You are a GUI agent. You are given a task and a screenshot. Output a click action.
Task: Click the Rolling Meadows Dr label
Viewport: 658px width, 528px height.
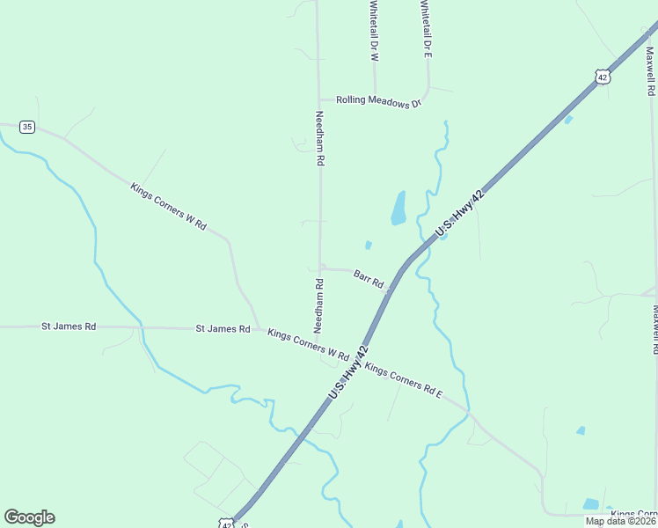tap(379, 102)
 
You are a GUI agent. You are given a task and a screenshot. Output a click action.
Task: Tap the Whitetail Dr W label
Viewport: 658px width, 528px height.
tap(374, 30)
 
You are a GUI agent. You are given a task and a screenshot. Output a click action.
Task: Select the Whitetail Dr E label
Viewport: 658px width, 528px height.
tap(426, 28)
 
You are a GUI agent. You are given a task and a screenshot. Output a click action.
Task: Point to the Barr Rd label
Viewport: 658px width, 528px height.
tap(369, 279)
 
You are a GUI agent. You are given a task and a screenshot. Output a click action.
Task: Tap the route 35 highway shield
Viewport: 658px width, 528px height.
tap(27, 127)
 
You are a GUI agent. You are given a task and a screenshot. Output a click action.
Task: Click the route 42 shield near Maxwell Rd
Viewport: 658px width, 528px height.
tap(602, 77)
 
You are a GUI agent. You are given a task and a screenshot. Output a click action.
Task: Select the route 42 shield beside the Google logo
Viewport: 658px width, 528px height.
tap(227, 524)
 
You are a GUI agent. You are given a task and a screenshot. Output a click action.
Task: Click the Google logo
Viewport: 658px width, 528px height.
tap(29, 517)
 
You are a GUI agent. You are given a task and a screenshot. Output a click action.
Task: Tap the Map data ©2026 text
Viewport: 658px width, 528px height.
tap(621, 521)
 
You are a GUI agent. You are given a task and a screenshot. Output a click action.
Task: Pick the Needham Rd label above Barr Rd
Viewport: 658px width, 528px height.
tap(320, 139)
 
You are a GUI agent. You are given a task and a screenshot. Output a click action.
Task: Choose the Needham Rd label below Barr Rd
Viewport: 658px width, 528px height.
tap(319, 305)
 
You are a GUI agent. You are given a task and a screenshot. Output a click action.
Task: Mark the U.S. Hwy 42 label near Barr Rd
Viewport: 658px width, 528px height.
tap(460, 214)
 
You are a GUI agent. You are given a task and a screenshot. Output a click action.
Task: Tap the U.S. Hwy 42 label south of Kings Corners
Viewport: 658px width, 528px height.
tap(347, 374)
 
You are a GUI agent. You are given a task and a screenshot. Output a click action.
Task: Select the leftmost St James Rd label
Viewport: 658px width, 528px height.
tap(69, 326)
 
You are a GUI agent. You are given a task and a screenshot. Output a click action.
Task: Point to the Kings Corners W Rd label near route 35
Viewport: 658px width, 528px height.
tap(168, 206)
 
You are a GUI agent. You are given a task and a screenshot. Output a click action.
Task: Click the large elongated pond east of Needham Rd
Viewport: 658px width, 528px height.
tap(398, 208)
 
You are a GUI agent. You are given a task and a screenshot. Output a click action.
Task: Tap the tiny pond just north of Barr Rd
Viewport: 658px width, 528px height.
tap(368, 245)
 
